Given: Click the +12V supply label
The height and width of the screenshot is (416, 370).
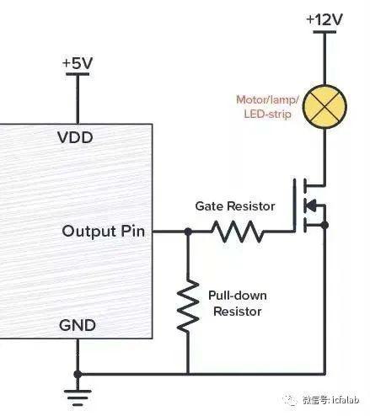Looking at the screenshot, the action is [x=324, y=19].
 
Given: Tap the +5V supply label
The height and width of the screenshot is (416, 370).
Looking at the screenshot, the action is [x=78, y=63].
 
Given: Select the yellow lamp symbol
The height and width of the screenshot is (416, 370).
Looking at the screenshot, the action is [x=324, y=107].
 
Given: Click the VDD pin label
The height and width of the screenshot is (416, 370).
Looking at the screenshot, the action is [x=75, y=137].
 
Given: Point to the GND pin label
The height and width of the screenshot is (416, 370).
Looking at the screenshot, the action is [x=78, y=325].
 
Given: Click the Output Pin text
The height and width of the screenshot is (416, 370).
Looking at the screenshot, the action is [x=104, y=232].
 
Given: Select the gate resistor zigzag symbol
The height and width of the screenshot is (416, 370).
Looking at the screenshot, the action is [x=238, y=232].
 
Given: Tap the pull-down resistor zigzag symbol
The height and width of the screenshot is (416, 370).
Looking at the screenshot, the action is [x=188, y=306].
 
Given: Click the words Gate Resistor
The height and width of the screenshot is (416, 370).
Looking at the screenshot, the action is [x=235, y=206].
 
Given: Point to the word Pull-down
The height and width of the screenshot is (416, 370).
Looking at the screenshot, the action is [x=238, y=296].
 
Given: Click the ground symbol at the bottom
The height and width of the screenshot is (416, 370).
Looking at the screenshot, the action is [x=78, y=398].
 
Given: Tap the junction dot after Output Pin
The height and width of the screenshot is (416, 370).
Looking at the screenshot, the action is [x=188, y=232].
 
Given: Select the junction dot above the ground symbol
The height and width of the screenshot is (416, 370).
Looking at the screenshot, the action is [x=78, y=374].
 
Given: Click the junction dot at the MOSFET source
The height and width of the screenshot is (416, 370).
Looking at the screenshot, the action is [x=324, y=225].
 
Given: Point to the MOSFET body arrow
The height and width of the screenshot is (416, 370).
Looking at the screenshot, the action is [x=310, y=205].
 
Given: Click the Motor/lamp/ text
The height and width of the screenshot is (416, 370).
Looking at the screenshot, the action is [x=267, y=99].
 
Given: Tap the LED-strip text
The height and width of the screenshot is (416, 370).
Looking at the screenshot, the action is [x=267, y=115].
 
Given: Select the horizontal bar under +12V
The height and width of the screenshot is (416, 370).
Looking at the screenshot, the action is [x=324, y=32].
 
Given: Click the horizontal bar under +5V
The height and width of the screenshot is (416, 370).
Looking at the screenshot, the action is [x=78, y=74].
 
